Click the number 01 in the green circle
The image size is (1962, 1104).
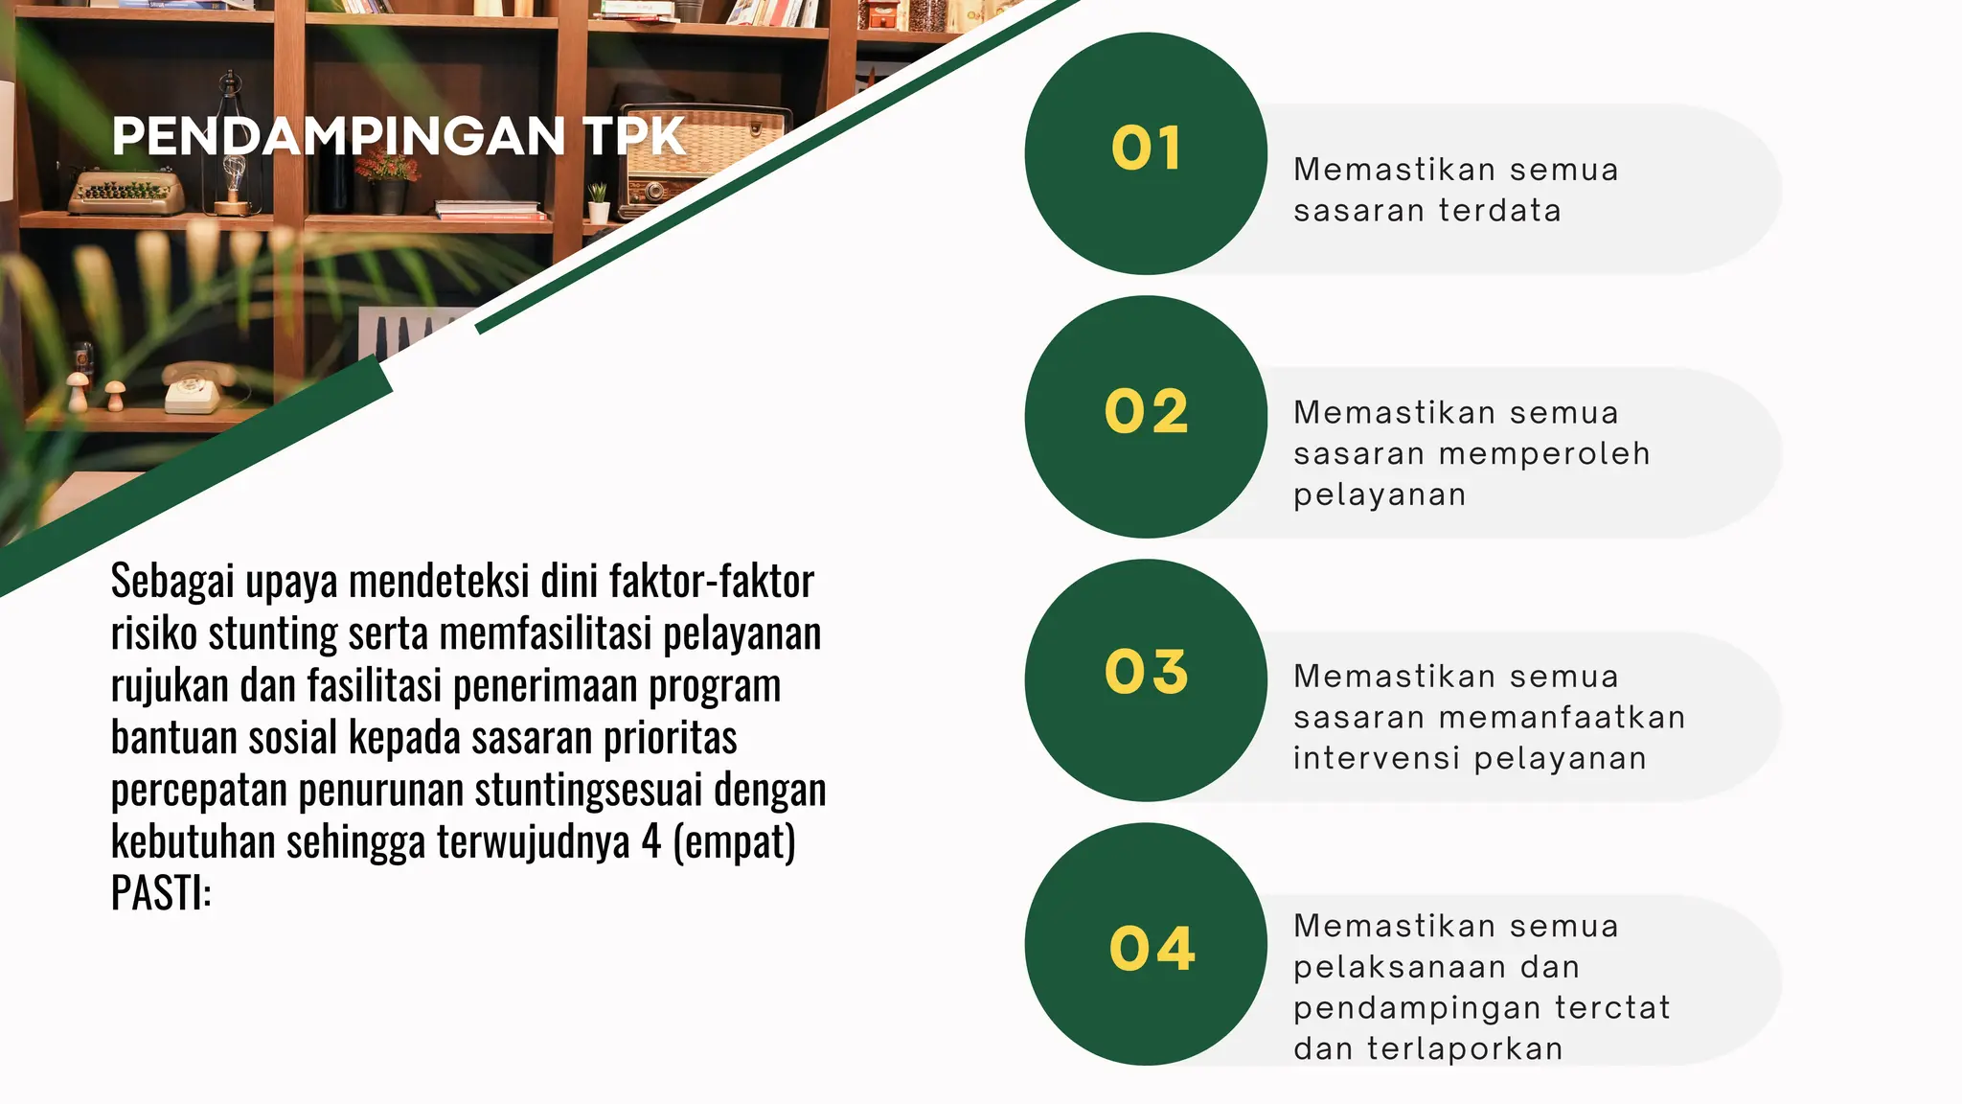(x=1146, y=149)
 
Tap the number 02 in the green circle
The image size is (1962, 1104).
(x=1146, y=412)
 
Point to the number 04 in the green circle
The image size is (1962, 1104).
(x=1152, y=949)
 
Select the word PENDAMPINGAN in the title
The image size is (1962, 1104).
(x=338, y=136)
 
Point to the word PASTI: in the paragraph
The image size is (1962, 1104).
(x=161, y=893)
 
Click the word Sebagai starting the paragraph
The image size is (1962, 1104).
(x=172, y=582)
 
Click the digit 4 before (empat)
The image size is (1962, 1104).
(x=651, y=842)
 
